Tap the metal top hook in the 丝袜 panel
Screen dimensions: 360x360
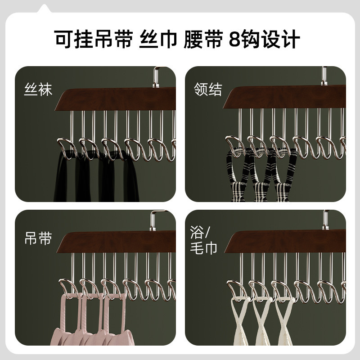point(157,76)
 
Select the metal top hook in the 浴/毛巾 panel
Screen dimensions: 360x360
point(325,219)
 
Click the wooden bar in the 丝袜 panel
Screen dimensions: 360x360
point(117,99)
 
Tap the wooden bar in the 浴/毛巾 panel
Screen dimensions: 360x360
point(288,242)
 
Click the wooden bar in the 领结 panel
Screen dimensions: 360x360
point(288,97)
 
